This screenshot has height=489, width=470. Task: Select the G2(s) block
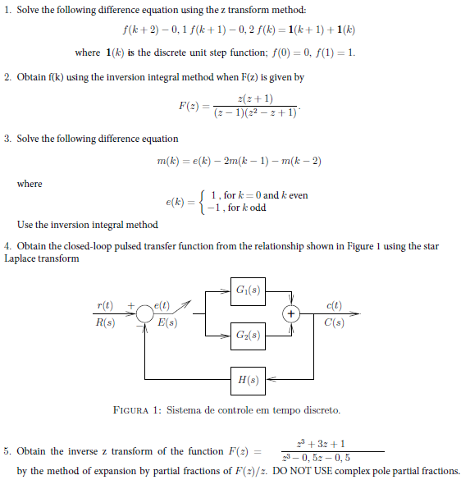click(x=248, y=336)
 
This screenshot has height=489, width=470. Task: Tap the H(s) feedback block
click(x=248, y=381)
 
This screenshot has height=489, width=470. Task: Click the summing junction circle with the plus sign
click(x=290, y=314)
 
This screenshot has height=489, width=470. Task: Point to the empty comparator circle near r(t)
click(x=145, y=314)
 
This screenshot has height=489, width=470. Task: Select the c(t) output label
click(x=335, y=306)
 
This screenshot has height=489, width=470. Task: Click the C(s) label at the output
click(x=335, y=322)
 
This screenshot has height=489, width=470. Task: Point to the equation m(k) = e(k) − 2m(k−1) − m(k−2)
click(x=239, y=161)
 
